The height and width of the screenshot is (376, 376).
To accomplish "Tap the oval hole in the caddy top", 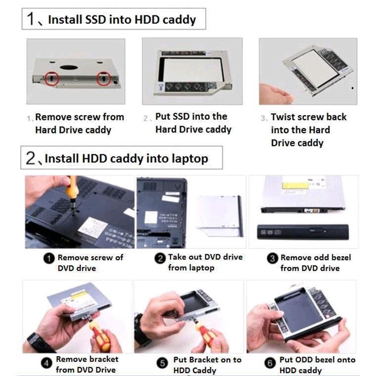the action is point(69,67).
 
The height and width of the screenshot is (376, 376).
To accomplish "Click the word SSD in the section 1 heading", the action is point(95,19).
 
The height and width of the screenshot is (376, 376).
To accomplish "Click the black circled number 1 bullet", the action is point(49,258).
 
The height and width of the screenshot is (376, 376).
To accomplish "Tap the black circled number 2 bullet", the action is point(160,258).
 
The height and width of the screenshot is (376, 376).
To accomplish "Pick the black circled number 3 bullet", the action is point(273,258).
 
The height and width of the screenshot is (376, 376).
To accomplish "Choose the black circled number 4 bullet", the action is point(47,363).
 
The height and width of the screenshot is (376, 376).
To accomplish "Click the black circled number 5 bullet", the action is point(162,363).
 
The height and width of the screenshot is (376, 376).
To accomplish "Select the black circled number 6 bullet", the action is point(270,363).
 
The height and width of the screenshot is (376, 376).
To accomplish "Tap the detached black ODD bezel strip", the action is point(303,232).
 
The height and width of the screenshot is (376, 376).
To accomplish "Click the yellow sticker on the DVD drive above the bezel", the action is point(295,186).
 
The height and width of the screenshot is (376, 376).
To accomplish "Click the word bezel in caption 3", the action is point(341,258).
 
